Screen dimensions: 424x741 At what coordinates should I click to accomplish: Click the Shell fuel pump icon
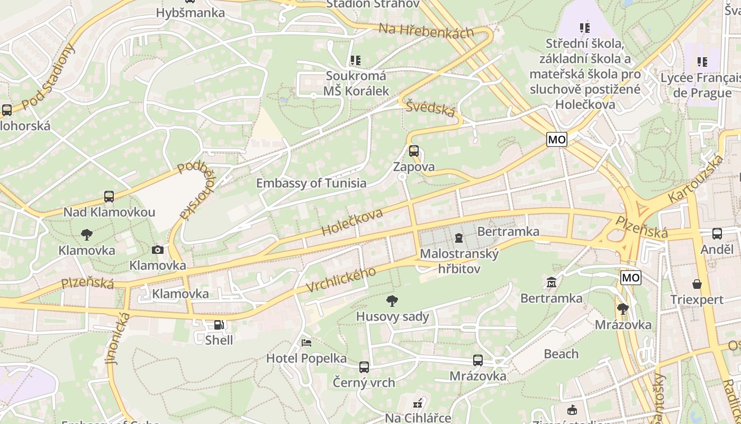click(219, 324)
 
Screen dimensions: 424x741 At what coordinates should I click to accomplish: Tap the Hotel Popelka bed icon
click(306, 343)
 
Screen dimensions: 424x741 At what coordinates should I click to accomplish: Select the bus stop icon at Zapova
click(414, 151)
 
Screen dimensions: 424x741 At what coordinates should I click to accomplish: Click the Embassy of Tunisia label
click(311, 183)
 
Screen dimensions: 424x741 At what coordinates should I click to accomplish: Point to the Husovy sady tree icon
click(392, 302)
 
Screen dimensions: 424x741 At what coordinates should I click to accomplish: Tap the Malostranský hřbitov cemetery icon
click(458, 237)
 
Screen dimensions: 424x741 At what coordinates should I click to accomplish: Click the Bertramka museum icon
click(552, 282)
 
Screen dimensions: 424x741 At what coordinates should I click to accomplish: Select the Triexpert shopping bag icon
click(697, 284)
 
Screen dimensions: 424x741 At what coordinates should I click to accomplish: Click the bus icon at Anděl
click(717, 233)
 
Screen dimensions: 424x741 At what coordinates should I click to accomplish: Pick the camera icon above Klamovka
click(158, 250)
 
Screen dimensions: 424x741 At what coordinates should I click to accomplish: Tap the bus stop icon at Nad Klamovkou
click(109, 197)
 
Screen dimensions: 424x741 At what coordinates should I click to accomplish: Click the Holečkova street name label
click(352, 222)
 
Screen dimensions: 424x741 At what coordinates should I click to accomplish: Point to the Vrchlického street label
click(341, 279)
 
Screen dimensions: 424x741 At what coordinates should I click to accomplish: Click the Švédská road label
click(430, 108)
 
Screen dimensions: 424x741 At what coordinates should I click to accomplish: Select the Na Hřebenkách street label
click(426, 31)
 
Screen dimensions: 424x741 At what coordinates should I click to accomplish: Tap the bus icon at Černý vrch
click(364, 367)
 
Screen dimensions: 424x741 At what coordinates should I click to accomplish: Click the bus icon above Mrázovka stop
click(478, 360)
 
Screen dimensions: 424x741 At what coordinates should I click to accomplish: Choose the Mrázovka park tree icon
click(623, 308)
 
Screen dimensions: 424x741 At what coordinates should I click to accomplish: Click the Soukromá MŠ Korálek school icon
click(355, 61)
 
